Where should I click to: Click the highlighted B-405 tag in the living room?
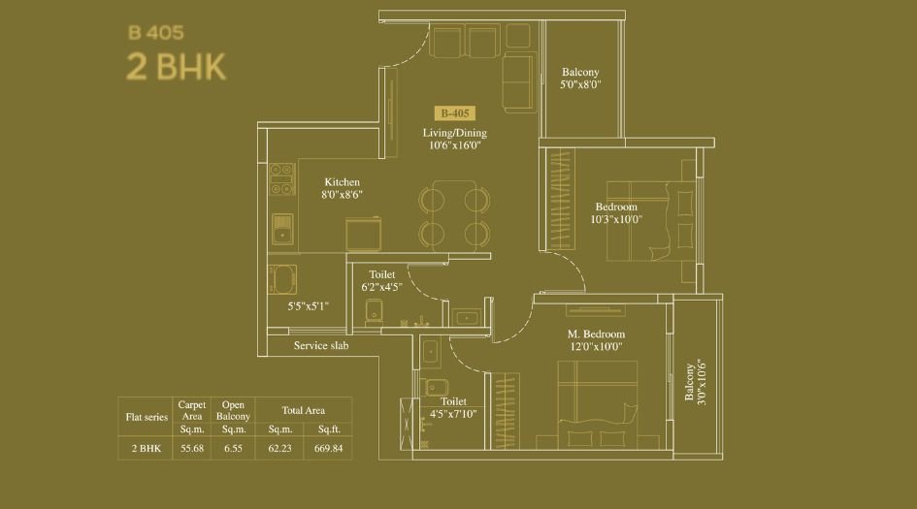coord(454,112)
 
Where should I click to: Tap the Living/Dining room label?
coord(454,133)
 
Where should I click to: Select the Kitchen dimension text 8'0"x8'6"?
coord(342,195)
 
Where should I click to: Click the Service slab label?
coord(320,345)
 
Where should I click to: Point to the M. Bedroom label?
coord(596,334)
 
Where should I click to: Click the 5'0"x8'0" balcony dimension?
coord(580,85)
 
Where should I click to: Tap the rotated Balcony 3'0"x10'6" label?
coord(695,383)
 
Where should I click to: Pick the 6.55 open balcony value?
coord(233,449)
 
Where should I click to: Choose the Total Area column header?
coord(303,410)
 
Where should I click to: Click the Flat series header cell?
coord(147,417)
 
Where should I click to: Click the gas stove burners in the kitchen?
coord(282,179)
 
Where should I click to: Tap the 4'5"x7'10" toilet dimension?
coord(453,413)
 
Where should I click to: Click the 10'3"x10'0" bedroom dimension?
coord(616,219)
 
